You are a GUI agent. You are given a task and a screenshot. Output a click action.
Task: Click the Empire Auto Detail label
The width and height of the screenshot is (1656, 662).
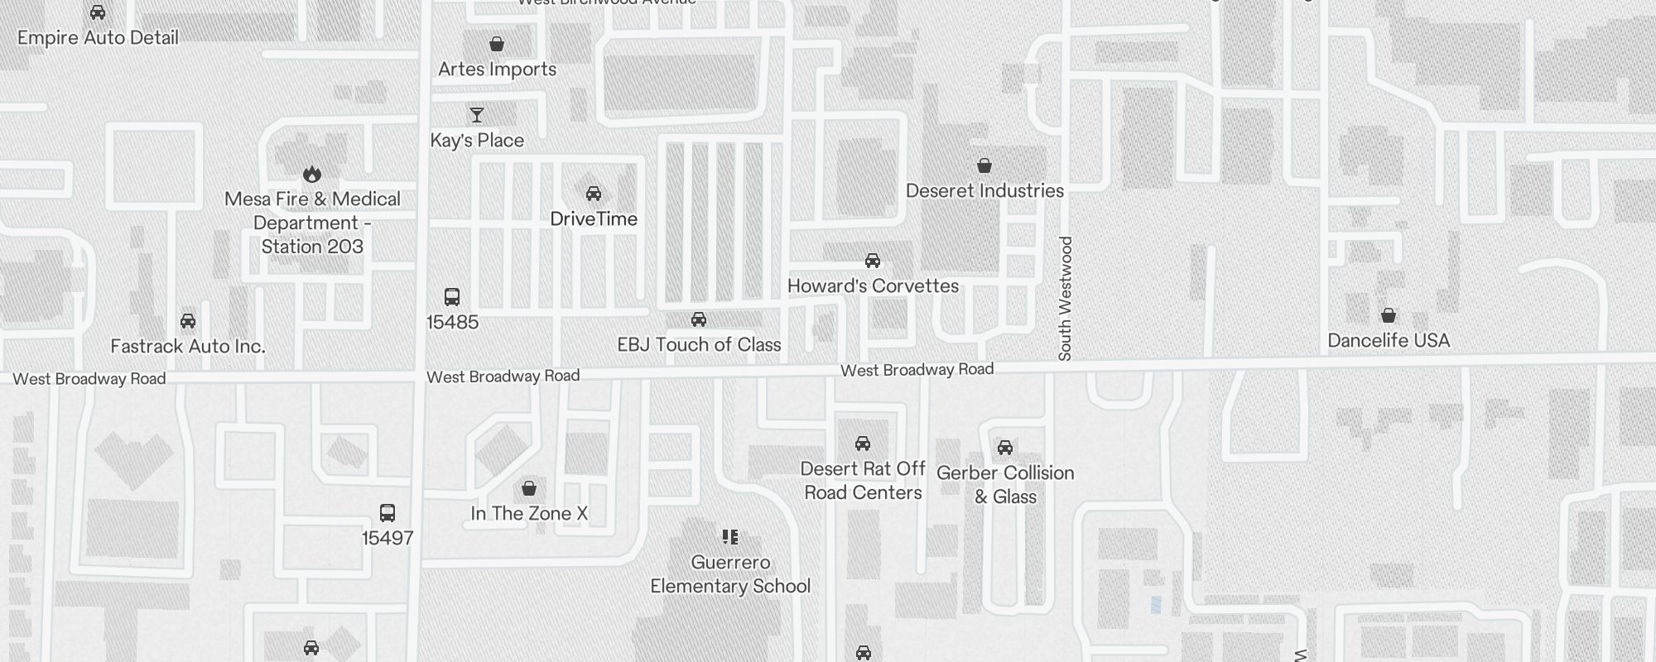pyautogui.click(x=98, y=38)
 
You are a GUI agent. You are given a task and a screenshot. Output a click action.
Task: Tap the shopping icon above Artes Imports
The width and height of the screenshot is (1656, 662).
pyautogui.click(x=497, y=44)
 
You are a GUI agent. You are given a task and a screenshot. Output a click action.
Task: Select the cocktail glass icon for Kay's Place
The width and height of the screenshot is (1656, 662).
pyautogui.click(x=476, y=115)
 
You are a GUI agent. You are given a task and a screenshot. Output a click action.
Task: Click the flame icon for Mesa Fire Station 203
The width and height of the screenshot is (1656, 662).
pyautogui.click(x=312, y=174)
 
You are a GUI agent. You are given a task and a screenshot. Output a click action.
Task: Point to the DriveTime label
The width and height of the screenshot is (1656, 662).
pyautogui.click(x=594, y=219)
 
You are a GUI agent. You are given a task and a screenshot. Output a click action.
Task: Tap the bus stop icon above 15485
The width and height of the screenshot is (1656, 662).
pyautogui.click(x=452, y=297)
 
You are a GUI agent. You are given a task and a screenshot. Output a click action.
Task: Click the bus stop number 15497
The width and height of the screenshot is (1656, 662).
pyautogui.click(x=388, y=538)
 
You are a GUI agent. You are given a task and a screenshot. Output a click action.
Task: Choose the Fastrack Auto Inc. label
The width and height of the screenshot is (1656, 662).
pyautogui.click(x=188, y=347)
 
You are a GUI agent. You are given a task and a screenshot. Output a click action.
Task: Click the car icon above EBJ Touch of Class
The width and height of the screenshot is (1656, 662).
pyautogui.click(x=699, y=319)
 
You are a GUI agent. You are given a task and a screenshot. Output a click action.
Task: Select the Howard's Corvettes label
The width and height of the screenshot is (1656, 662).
pyautogui.click(x=873, y=286)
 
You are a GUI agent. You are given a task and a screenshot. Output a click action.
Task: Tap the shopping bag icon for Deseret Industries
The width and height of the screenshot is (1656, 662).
pyautogui.click(x=984, y=166)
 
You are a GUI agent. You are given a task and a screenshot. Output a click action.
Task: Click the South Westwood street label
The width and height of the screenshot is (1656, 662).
pyautogui.click(x=1066, y=298)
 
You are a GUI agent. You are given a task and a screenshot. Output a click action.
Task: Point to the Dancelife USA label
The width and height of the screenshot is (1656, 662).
pyautogui.click(x=1389, y=341)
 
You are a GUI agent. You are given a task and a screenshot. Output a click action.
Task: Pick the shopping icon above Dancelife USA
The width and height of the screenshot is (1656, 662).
pyautogui.click(x=1389, y=315)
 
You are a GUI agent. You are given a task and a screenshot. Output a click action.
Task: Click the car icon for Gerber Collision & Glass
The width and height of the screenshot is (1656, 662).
pyautogui.click(x=1005, y=448)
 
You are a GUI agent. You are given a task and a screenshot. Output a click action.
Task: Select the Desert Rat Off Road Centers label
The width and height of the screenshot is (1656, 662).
pyautogui.click(x=863, y=481)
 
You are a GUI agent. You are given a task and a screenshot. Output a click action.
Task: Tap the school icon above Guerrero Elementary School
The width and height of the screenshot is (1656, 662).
pyautogui.click(x=730, y=537)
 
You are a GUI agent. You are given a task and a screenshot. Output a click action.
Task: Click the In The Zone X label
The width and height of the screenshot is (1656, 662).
pyautogui.click(x=529, y=514)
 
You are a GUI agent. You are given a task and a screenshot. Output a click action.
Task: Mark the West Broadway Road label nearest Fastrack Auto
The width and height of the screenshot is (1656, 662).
pyautogui.click(x=89, y=379)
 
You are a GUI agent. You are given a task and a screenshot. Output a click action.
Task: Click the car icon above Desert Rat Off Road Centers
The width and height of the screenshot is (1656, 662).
pyautogui.click(x=863, y=444)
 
